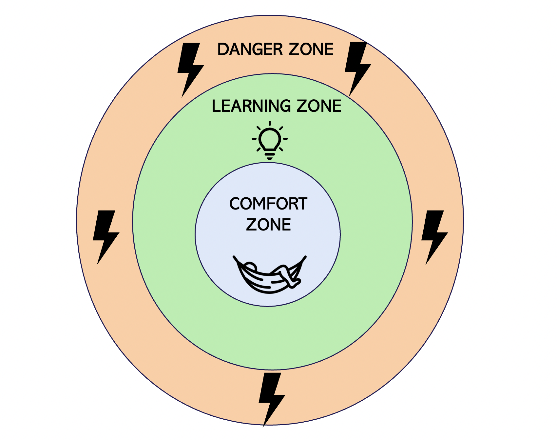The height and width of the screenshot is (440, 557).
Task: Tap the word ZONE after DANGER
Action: (311, 50)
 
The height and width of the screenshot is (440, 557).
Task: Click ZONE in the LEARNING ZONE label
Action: (319, 106)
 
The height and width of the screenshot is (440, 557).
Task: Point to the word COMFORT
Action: (268, 204)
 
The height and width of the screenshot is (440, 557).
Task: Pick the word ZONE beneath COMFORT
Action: (268, 225)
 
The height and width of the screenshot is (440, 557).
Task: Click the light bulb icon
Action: (270, 140)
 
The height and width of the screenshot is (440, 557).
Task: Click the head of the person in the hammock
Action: (251, 266)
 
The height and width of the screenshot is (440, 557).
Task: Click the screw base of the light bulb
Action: (270, 155)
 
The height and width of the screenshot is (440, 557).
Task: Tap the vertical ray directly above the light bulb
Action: (270, 124)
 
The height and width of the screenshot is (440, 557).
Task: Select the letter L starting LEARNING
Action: (216, 106)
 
